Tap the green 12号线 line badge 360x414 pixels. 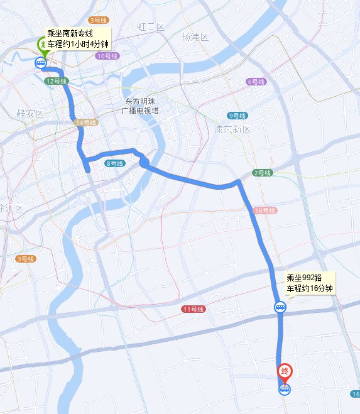[x=56, y=81]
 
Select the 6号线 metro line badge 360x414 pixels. [x=256, y=82]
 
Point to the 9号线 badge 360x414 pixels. [x=237, y=116]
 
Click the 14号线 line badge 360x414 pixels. [x=85, y=123]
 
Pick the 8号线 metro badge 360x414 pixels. [x=114, y=163]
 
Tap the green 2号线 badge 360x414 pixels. [x=262, y=173]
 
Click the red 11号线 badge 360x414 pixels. [x=193, y=309]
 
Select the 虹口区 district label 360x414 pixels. [x=151, y=27]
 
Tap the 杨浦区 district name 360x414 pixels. [x=194, y=36]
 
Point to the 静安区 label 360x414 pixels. [x=30, y=114]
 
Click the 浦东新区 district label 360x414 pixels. [x=232, y=129]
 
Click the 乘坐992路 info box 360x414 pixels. [x=309, y=283]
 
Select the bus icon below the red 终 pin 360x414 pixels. [x=285, y=389]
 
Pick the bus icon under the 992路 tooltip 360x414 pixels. [x=280, y=307]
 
